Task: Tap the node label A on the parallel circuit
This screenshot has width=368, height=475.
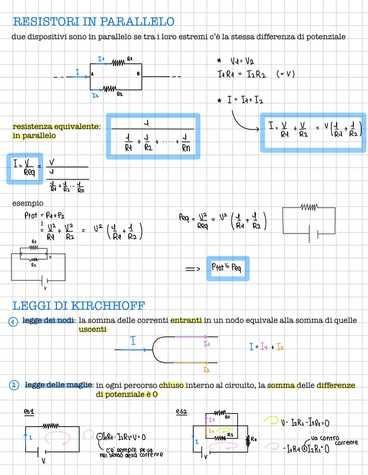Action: pyautogui.click(x=92, y=74)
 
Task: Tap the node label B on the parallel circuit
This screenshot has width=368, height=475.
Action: pyautogui.click(x=138, y=74)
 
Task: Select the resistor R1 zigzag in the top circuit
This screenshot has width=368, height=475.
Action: pyautogui.click(x=118, y=63)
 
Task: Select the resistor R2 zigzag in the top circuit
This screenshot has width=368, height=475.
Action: pyautogui.click(x=109, y=89)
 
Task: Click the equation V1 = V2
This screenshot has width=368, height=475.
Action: pyautogui.click(x=242, y=62)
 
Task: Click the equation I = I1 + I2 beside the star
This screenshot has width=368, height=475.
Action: pyautogui.click(x=245, y=100)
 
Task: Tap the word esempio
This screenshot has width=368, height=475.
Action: pyautogui.click(x=28, y=203)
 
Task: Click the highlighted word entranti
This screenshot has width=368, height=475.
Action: pyautogui.click(x=186, y=320)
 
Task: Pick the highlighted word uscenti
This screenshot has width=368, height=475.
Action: pyautogui.click(x=93, y=330)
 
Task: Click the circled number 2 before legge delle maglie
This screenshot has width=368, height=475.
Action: pyautogui.click(x=14, y=385)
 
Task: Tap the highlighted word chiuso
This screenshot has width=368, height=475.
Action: pyautogui.click(x=171, y=385)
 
